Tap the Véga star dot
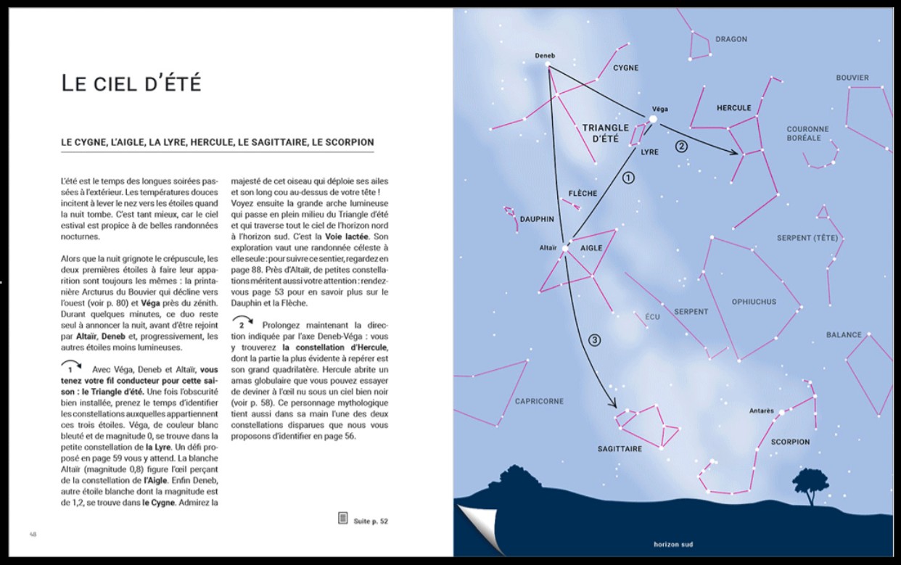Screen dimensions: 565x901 click(x=653, y=119)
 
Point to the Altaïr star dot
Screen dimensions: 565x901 click(x=564, y=248)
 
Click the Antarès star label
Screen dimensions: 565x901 click(x=762, y=411)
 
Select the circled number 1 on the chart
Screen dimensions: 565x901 click(x=628, y=177)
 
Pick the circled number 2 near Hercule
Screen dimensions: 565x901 click(x=681, y=145)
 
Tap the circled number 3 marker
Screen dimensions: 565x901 click(x=594, y=340)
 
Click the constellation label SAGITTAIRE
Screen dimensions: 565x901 click(x=620, y=449)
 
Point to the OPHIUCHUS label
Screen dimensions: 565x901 click(x=754, y=302)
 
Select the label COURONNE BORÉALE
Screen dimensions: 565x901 click(x=807, y=133)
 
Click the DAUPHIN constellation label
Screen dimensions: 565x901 click(x=537, y=218)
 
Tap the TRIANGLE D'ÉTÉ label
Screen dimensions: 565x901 click(x=606, y=133)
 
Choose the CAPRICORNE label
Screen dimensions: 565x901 click(x=539, y=401)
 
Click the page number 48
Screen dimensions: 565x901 click(x=33, y=535)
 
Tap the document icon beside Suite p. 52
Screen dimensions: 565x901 click(x=343, y=518)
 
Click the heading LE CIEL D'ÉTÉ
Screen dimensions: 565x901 click(x=131, y=83)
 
